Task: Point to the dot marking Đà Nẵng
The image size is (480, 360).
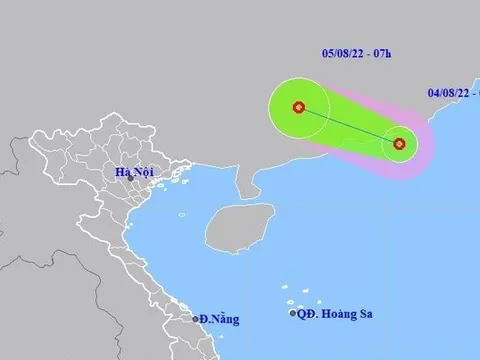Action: [196, 319]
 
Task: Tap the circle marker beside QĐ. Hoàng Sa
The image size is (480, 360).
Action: [294, 313]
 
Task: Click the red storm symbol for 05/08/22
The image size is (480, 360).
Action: [298, 107]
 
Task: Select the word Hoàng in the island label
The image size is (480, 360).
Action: [342, 313]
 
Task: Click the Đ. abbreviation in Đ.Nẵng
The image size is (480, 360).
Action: [205, 319]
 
